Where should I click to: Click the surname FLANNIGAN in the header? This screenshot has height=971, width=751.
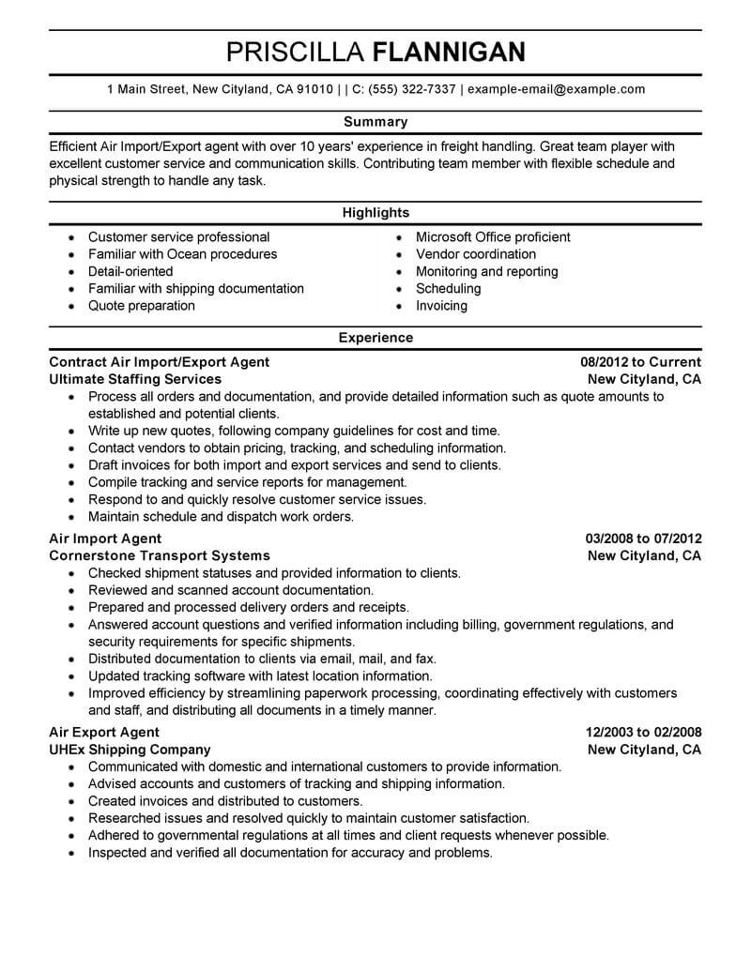click(449, 52)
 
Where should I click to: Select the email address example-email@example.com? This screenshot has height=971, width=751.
click(556, 90)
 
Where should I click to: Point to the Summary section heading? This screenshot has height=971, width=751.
click(375, 122)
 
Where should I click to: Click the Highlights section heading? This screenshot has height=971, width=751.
click(375, 213)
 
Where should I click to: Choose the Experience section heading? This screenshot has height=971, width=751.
click(375, 338)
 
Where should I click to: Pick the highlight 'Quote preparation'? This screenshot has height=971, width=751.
click(142, 306)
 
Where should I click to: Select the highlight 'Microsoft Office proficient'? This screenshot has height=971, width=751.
click(493, 237)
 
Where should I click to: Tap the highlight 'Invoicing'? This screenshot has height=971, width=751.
click(441, 306)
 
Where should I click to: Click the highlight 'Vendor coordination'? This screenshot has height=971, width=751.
click(476, 254)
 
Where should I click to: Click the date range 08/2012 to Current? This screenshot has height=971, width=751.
click(640, 362)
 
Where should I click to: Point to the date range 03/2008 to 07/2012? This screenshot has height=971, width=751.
click(643, 539)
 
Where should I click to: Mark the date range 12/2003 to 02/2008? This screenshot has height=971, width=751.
click(642, 733)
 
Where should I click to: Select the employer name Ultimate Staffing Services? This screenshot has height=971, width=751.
click(135, 379)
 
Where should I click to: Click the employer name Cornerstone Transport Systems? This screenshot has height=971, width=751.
click(160, 555)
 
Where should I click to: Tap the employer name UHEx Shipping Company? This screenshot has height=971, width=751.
click(130, 750)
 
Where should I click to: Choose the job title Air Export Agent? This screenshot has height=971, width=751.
click(104, 733)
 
